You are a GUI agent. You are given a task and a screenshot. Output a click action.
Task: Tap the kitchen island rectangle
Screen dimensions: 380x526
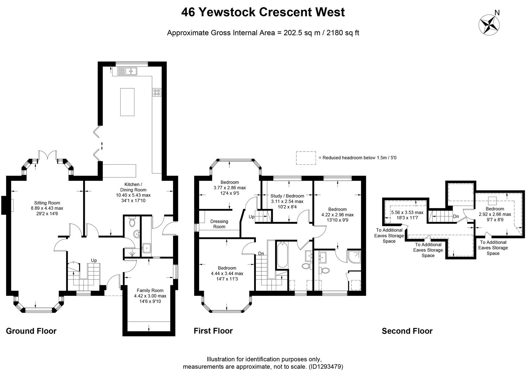pos(127,102)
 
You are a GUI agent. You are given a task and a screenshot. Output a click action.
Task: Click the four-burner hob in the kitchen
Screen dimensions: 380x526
pos(157,92)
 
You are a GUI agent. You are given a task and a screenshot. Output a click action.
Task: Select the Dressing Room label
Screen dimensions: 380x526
pos(219,224)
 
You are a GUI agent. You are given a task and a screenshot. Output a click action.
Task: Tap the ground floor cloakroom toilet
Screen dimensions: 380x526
pos(132,222)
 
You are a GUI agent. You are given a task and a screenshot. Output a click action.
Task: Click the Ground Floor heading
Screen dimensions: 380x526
pos(31,331)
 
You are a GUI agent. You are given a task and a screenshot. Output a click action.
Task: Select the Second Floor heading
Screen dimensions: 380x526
pos(407,331)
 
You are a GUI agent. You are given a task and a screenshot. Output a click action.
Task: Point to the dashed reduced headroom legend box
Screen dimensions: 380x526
pos(306,158)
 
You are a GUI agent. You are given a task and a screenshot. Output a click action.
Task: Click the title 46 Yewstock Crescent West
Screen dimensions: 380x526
pos(263,12)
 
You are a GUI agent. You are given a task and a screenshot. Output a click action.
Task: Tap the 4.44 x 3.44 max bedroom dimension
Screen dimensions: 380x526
pos(227,273)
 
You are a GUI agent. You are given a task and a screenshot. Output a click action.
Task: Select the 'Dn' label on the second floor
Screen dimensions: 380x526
pos(456,216)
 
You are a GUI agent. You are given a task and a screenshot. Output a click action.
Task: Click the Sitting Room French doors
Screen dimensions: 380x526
pos(47,156)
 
